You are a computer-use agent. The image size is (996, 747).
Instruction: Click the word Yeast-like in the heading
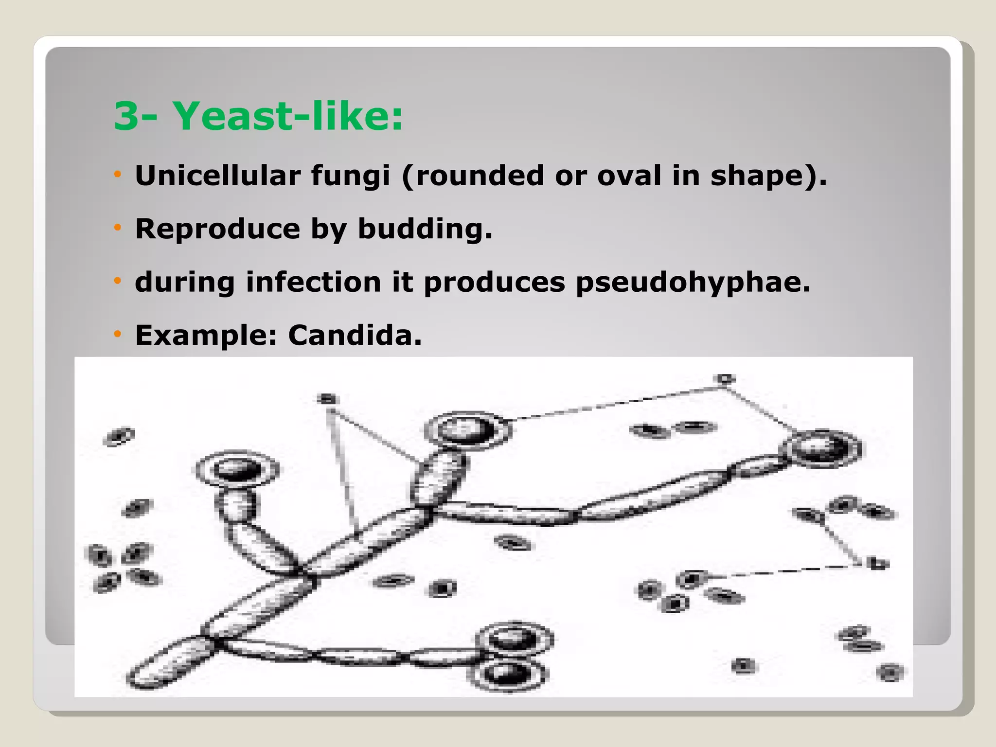point(288,117)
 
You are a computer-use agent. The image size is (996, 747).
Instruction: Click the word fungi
point(350,176)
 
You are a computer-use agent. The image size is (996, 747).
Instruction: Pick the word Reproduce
point(217,229)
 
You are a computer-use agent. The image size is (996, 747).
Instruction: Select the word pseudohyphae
point(693,283)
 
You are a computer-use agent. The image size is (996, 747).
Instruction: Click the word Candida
point(355,335)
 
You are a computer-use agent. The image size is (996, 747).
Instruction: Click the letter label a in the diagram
point(328,399)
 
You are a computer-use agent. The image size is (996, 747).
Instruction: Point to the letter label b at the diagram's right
point(877,564)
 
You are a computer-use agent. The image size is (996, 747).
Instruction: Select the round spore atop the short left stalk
point(237,470)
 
